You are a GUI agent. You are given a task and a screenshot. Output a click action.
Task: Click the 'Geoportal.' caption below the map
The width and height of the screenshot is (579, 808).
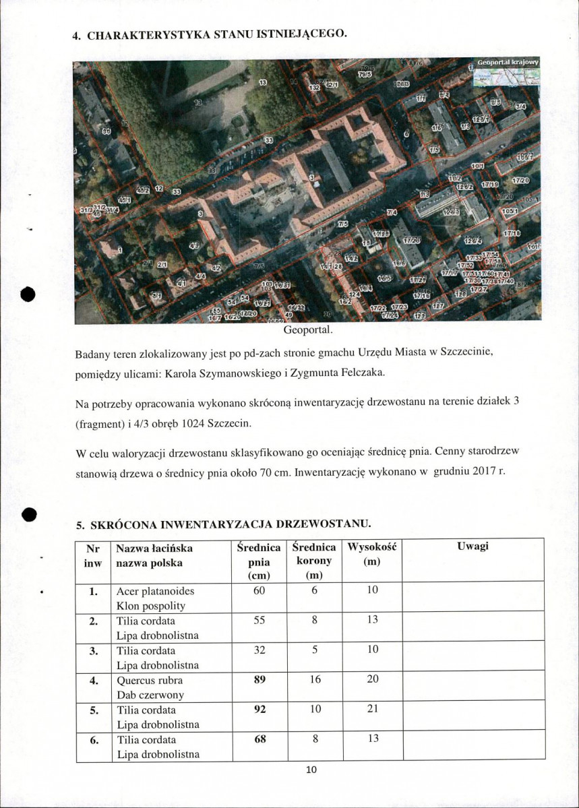click(309, 330)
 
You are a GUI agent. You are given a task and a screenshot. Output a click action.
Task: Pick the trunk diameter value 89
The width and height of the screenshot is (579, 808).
click(260, 680)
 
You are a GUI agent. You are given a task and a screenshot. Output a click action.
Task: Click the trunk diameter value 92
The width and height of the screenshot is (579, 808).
click(260, 710)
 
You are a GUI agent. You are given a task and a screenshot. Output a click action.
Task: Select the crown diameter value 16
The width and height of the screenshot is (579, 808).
click(314, 680)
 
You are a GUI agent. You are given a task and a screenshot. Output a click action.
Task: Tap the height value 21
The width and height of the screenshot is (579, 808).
click(372, 710)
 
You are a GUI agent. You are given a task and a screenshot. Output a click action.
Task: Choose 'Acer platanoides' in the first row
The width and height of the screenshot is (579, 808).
click(155, 591)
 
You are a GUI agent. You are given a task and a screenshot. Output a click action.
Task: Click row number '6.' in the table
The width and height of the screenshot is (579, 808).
click(94, 739)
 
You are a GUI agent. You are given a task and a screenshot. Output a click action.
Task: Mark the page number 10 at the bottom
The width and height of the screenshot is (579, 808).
click(311, 770)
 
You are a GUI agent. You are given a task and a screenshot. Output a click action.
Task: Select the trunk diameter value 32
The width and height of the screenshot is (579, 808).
click(260, 650)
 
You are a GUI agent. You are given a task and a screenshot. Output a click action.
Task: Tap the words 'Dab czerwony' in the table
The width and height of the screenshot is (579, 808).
click(150, 695)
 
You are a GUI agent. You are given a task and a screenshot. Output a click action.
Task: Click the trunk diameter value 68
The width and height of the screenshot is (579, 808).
click(260, 739)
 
